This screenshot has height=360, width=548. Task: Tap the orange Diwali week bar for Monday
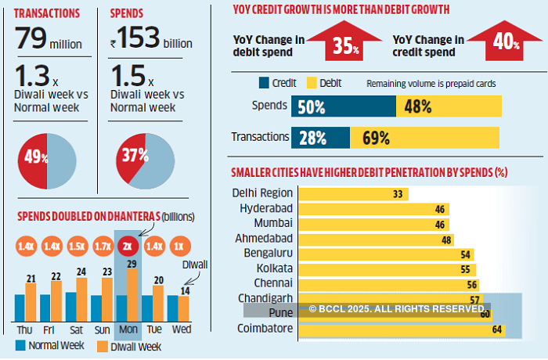coord(132,295)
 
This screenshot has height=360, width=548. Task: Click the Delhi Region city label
coord(262,193)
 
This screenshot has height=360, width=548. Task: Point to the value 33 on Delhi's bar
coord(398,193)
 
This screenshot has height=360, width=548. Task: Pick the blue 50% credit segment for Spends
coord(343,106)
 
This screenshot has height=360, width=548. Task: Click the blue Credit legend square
coord(263,82)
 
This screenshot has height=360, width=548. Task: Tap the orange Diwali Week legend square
coord(101,346)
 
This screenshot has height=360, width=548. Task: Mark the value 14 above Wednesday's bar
coord(186,291)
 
